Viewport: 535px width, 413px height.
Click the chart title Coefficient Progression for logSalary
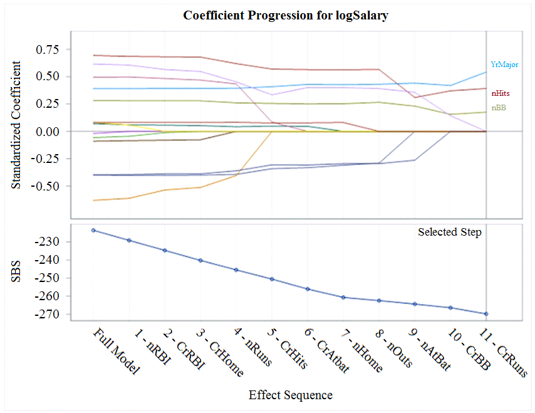click(x=286, y=16)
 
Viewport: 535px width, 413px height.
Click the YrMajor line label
click(x=504, y=65)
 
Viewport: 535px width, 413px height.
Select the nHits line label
click(x=500, y=93)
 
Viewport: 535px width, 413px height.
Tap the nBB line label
click(x=499, y=108)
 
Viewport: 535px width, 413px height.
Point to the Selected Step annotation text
click(x=450, y=233)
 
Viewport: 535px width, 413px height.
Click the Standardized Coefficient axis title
click(x=18, y=125)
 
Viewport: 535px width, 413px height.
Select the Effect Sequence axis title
click(x=290, y=395)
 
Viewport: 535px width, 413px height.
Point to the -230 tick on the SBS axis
click(x=48, y=242)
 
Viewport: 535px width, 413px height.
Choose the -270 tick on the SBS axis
click(x=48, y=315)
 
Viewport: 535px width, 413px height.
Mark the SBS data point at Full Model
click(x=93, y=231)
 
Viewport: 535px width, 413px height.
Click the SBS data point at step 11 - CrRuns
click(x=487, y=314)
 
